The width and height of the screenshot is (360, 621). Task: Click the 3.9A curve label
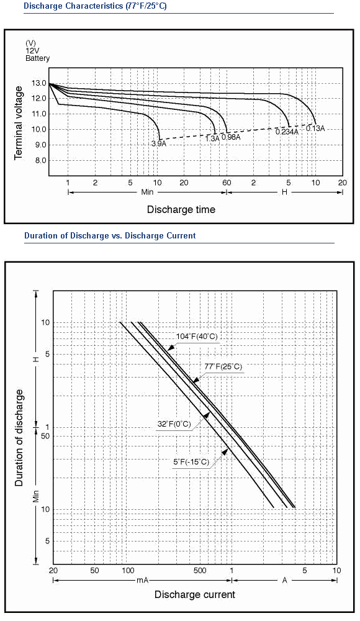pos(159,144)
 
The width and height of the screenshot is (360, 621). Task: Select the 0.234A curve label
pos(287,132)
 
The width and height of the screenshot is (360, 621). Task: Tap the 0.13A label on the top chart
pos(315,129)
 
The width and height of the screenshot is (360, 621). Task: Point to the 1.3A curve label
pos(212,138)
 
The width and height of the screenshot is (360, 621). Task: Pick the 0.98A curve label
pos(231,137)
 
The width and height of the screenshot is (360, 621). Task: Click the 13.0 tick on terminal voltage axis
pos(38,84)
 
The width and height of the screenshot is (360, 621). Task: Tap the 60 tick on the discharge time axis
pos(227,183)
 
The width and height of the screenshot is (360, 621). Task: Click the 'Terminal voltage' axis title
pos(18,123)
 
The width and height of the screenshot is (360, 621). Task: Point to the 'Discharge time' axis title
pos(181,209)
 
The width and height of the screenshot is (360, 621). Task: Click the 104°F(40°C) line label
pos(197,337)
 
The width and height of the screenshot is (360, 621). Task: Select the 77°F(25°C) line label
pos(223,367)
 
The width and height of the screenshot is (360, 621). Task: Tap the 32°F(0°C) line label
pos(174,424)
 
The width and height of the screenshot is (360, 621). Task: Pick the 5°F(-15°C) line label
pos(191,462)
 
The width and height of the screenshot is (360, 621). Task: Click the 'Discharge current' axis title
pos(194,594)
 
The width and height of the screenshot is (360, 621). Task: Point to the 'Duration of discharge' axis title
pos(19,438)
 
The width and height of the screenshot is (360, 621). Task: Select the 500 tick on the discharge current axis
pos(200,571)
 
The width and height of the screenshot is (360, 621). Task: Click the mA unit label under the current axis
pos(142,580)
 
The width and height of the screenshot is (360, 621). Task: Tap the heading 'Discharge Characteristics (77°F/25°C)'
pos(95,6)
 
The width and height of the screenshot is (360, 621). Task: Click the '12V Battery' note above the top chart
pos(38,54)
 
